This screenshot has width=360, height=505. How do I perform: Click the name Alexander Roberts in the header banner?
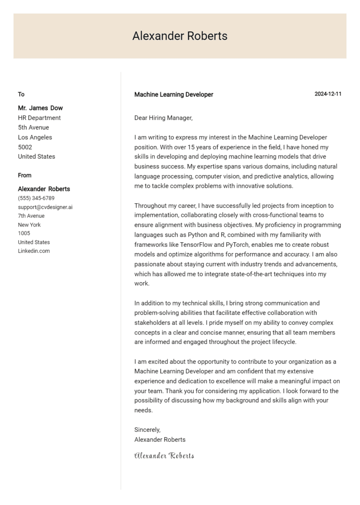tap(180, 36)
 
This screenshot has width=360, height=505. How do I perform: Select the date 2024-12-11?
tap(328, 94)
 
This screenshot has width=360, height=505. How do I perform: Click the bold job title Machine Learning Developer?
tap(173, 95)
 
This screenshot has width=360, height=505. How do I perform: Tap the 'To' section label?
tap(21, 94)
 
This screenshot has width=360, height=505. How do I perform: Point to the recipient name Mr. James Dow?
tap(40, 108)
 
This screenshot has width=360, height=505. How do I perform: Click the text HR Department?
tap(39, 118)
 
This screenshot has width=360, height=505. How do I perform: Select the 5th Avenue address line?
tap(33, 127)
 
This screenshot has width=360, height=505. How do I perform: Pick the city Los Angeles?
tap(35, 137)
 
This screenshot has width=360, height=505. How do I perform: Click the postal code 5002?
tap(25, 147)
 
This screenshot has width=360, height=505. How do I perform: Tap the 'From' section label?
tap(25, 175)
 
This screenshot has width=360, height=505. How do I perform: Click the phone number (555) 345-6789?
tap(36, 198)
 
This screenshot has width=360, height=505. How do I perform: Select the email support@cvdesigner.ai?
tap(45, 207)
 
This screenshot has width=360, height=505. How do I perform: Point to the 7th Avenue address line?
tap(31, 216)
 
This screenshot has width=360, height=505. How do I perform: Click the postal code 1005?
tap(24, 233)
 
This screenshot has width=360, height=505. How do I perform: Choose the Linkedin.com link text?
tap(34, 251)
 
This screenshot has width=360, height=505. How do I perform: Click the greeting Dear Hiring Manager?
tap(163, 118)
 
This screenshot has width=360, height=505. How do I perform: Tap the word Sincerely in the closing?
tap(147, 430)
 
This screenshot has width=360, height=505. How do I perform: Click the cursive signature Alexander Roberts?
tap(164, 455)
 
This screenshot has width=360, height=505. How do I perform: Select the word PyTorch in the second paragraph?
tap(239, 245)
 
